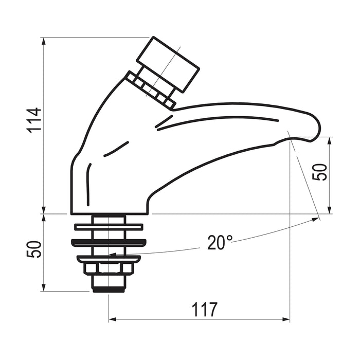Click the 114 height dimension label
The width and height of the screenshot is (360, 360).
34,120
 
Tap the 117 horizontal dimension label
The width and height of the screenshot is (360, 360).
204,310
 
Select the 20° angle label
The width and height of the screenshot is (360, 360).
220,242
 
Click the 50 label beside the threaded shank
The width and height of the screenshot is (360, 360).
34,249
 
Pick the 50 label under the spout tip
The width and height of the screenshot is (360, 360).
319,172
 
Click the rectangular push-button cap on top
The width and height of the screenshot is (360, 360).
168,64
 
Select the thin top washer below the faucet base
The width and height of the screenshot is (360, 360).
109,227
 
